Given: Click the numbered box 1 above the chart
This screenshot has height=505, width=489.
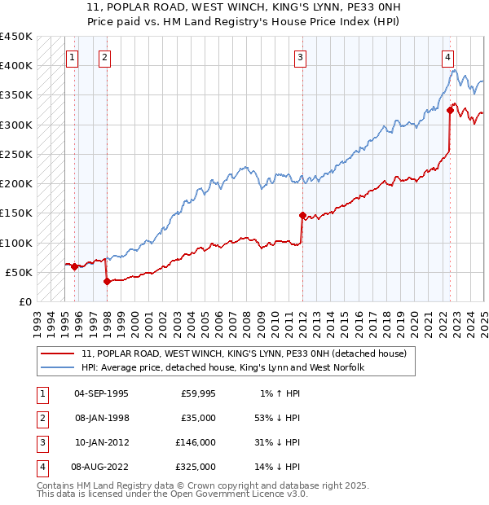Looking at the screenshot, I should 73,57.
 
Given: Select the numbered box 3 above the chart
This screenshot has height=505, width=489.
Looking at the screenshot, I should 301,57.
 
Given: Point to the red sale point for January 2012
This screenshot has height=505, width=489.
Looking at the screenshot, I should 302,216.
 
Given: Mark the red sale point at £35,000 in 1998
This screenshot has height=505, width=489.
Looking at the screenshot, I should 107,281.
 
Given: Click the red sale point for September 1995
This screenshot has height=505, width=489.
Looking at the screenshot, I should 74,266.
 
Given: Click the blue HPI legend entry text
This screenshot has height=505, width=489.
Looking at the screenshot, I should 222,368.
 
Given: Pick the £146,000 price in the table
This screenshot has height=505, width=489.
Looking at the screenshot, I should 196,442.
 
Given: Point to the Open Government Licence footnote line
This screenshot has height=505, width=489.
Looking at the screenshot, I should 172,494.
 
